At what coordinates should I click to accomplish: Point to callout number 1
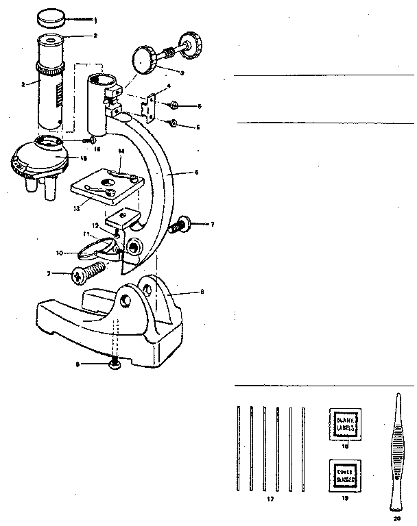95,20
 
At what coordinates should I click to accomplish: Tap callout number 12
96,225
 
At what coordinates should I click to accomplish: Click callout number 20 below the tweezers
396,518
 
